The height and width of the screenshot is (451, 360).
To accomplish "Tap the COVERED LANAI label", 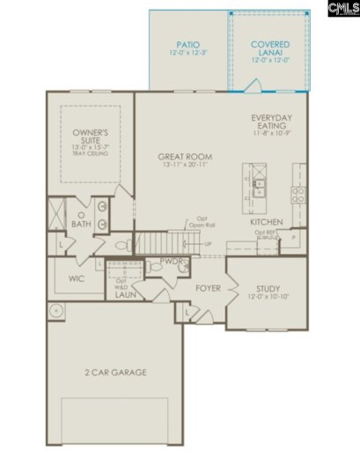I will tap(269, 44).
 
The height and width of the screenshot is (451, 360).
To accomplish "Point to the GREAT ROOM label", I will tap(181, 155).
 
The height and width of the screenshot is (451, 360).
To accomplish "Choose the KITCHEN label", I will tap(267, 223).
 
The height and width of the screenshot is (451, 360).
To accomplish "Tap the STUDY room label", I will tap(268, 288).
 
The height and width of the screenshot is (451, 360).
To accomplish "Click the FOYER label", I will tap(208, 287).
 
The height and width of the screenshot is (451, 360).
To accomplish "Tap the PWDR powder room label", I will tap(171, 262).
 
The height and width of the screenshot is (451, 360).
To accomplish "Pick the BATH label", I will tap(82, 224).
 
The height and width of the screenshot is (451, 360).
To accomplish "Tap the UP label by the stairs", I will tap(208, 243).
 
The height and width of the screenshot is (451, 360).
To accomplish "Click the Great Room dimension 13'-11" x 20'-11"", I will tap(181, 165).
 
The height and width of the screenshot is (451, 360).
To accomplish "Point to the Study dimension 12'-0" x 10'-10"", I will tap(268, 298).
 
